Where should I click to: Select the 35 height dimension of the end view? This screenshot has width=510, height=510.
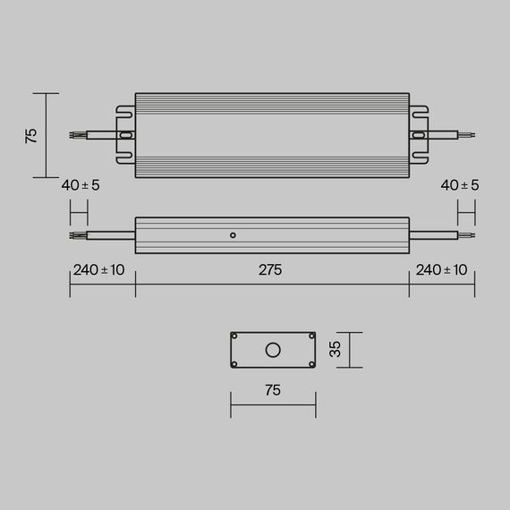click(x=336, y=349)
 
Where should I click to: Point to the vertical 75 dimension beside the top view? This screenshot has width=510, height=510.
click(x=31, y=135)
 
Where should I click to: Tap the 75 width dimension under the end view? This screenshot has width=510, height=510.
click(x=272, y=390)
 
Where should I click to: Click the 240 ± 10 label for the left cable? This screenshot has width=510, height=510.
click(x=98, y=270)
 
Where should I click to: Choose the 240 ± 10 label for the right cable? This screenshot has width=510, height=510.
click(x=441, y=270)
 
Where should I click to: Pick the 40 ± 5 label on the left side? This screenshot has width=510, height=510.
click(x=81, y=185)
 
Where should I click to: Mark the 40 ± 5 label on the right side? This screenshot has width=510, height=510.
click(x=461, y=185)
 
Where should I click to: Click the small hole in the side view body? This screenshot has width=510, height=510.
click(x=233, y=235)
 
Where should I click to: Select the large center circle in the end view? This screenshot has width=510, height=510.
click(x=273, y=349)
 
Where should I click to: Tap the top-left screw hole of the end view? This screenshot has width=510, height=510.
click(x=234, y=336)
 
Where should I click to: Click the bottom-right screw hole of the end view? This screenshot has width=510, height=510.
click(x=311, y=362)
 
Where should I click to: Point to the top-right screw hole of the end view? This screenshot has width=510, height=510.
click(x=311, y=336)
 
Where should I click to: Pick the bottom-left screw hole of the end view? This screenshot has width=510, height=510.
click(x=234, y=362)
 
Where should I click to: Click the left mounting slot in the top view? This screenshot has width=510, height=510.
click(x=126, y=136)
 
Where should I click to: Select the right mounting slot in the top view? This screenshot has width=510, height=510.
click(x=418, y=136)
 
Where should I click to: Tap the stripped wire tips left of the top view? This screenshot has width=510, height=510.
click(x=79, y=136)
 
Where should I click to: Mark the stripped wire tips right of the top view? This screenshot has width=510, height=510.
click(x=466, y=136)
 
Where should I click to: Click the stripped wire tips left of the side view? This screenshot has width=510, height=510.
click(x=79, y=236)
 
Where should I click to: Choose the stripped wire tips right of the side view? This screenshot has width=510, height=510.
click(x=466, y=236)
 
